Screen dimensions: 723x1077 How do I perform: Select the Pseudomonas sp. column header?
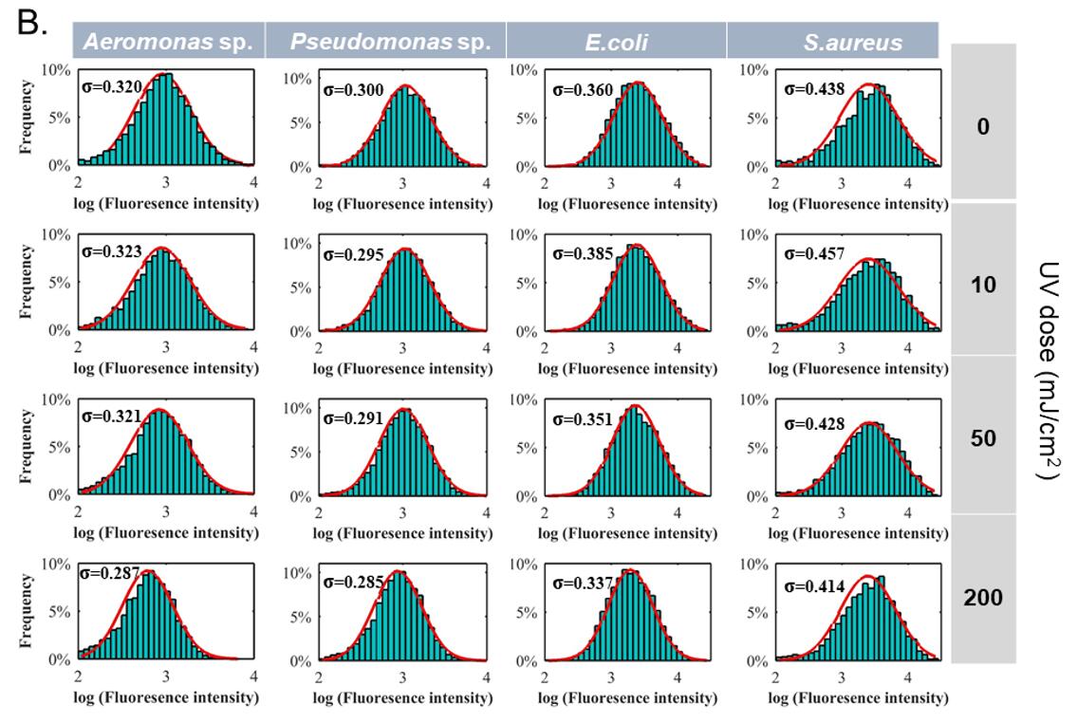coord(385,41)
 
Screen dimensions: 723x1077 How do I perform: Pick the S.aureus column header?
coord(833,41)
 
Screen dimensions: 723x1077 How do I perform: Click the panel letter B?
coord(36,23)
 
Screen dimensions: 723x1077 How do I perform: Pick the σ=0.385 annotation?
coord(585,255)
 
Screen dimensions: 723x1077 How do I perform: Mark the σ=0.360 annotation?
coord(585,92)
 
